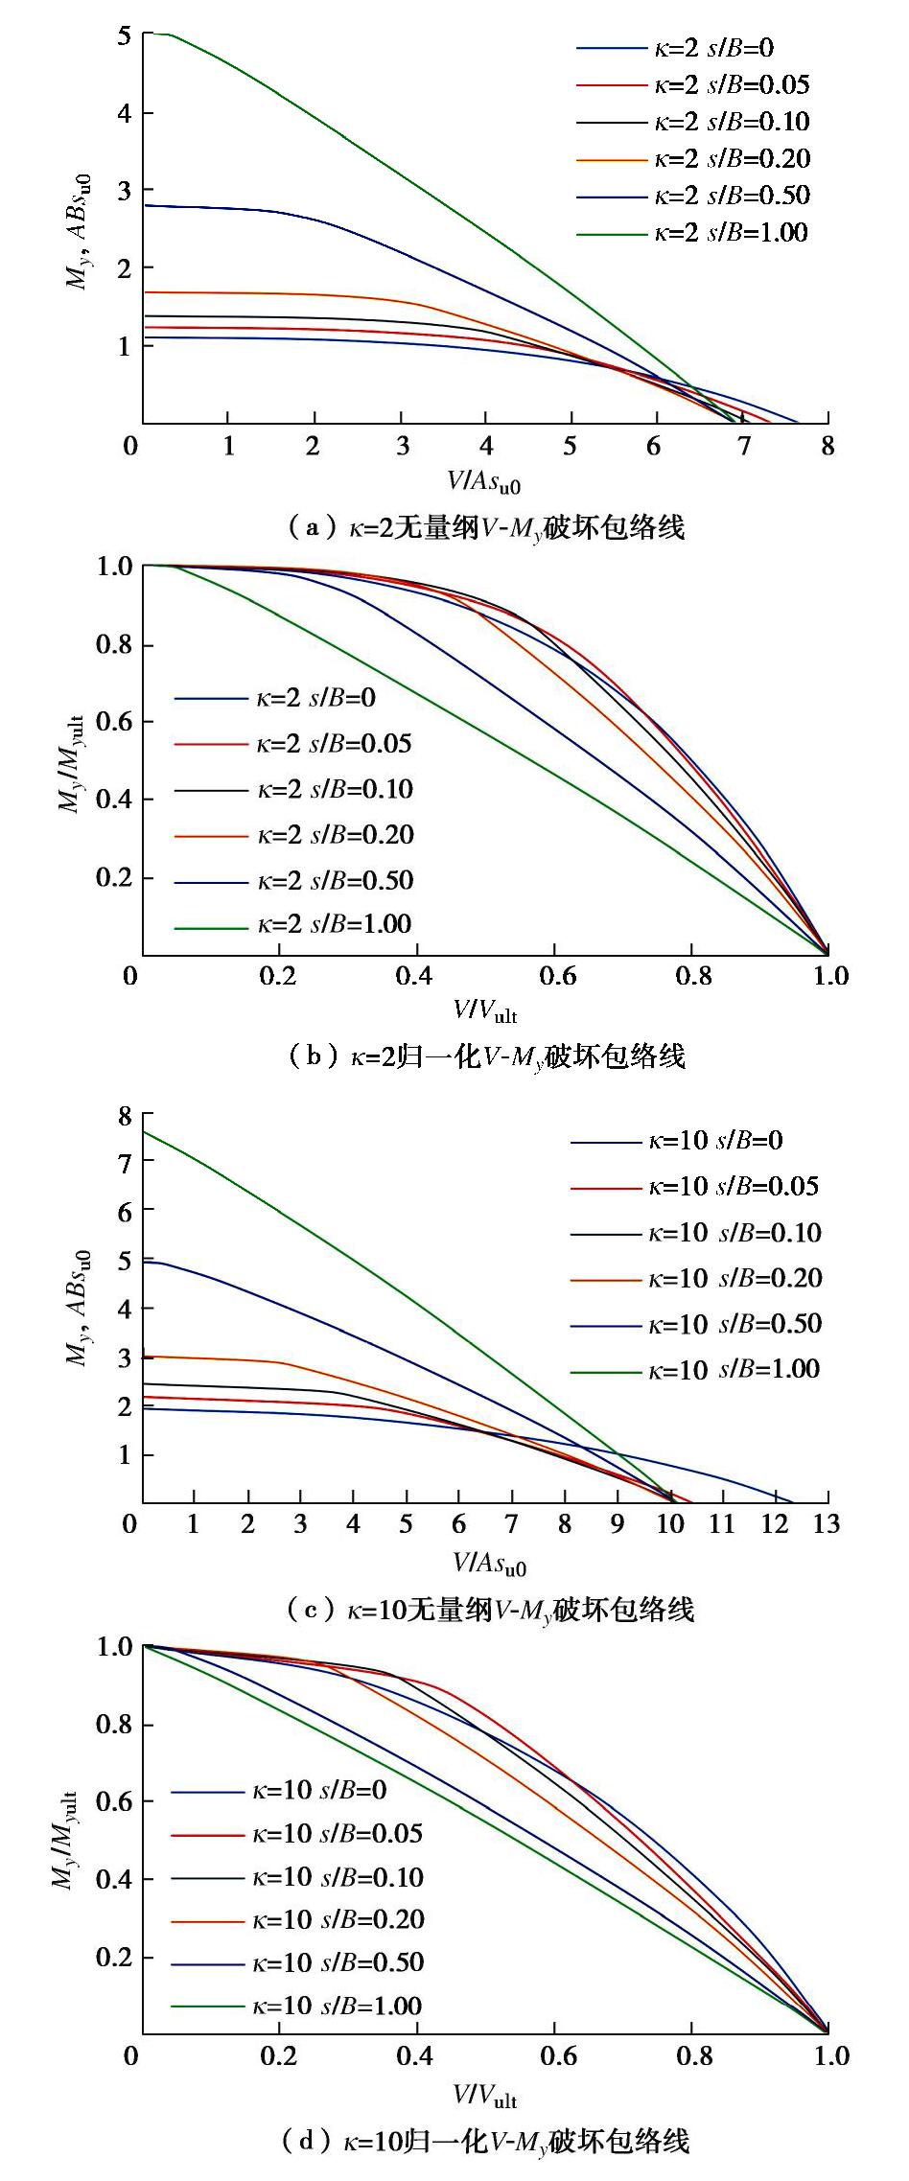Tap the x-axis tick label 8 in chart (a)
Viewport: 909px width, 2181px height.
pyautogui.click(x=827, y=447)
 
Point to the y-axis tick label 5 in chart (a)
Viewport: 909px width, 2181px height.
pyautogui.click(x=124, y=36)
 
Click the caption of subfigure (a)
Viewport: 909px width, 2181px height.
pyautogui.click(x=486, y=527)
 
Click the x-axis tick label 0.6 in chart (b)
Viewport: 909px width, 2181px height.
pyautogui.click(x=557, y=976)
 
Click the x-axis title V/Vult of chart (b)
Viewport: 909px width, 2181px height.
pyautogui.click(x=485, y=1010)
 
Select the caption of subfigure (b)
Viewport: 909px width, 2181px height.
pyautogui.click(x=486, y=1056)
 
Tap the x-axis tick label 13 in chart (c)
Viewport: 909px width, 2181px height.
pyautogui.click(x=826, y=1524)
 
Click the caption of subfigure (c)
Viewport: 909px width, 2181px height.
pyautogui.click(x=490, y=1609)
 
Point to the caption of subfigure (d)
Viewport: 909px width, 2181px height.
pyautogui.click(x=486, y=2140)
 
